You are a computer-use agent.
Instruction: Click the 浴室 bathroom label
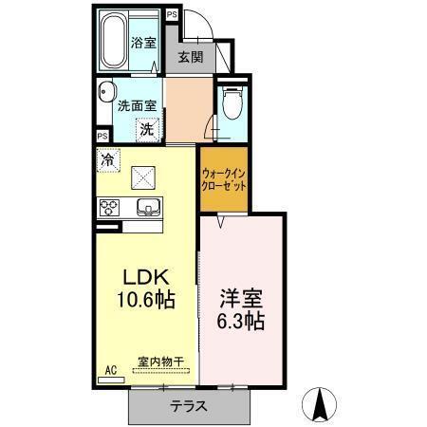(144, 43)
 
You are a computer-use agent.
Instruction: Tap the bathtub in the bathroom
(118, 39)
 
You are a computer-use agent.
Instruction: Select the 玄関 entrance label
(190, 56)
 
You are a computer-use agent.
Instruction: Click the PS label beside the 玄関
(172, 15)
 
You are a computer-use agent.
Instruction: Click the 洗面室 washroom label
(136, 106)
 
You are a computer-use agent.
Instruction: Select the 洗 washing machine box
(146, 128)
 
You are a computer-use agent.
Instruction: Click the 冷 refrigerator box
(108, 160)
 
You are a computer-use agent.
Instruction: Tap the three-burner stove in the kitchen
(108, 207)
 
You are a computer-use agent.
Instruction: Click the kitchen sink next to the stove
(146, 207)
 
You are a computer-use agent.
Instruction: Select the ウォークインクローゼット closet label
(224, 180)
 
